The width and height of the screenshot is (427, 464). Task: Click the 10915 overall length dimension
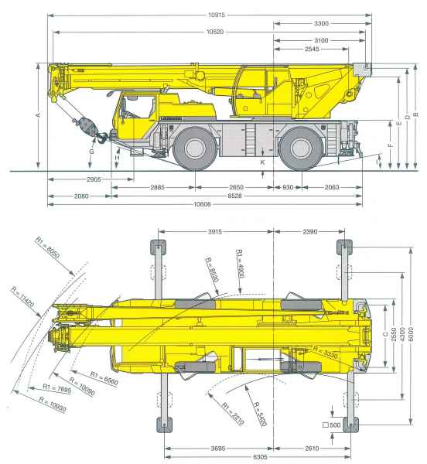217,15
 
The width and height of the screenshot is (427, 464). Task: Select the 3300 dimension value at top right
321,23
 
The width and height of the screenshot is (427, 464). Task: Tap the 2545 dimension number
312,49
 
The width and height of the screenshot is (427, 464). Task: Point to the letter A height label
38,114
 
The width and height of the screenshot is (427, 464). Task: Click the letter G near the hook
92,152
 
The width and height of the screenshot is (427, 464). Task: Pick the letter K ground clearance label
263,162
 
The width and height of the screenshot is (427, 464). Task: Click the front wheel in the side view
195,148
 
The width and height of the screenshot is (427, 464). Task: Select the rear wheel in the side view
301,148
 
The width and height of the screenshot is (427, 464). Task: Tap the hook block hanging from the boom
86,126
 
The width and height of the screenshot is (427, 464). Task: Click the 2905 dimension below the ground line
94,179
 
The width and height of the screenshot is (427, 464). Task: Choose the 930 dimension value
288,187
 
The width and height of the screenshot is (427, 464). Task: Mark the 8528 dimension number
234,196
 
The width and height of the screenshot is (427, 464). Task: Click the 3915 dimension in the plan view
215,232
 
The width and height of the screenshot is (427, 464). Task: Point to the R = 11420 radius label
22,296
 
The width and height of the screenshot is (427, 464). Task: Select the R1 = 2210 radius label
233,414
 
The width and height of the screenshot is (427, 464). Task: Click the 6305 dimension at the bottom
261,457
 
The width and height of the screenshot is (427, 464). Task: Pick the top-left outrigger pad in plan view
159,247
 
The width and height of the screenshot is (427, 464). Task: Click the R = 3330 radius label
325,352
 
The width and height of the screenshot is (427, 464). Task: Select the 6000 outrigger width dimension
411,335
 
